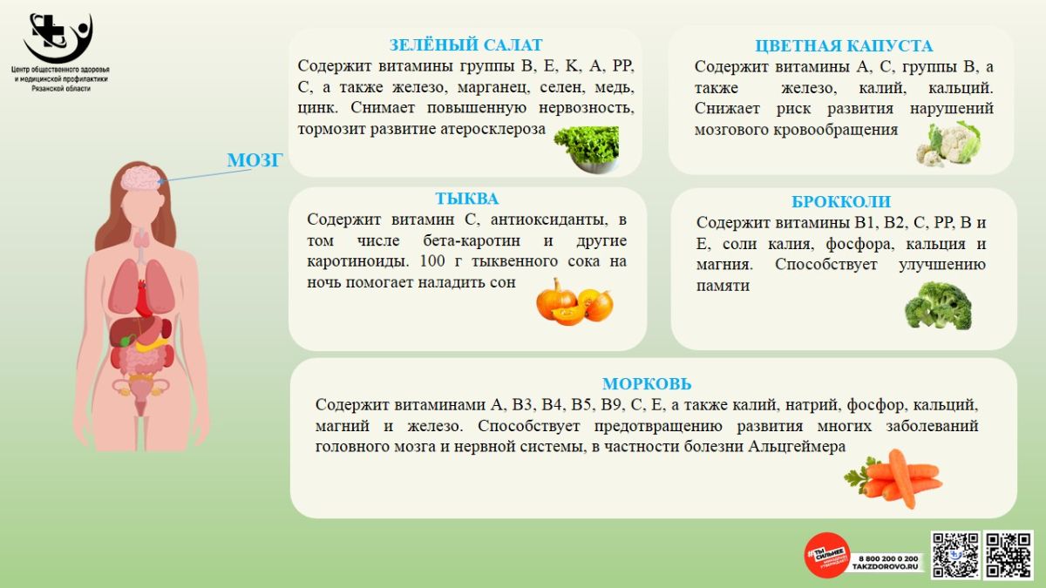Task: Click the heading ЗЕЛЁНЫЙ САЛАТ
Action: (465, 44)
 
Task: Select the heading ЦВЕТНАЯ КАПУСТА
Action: (844, 45)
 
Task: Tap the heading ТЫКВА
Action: (467, 199)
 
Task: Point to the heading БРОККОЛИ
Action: (841, 201)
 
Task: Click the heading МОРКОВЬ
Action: (647, 383)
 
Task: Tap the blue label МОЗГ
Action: (255, 160)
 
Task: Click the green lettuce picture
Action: (587, 149)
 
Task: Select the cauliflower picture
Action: (948, 144)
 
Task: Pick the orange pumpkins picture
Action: (574, 301)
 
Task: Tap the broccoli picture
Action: (938, 306)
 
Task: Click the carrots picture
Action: (893, 479)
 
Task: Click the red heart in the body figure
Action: (143, 299)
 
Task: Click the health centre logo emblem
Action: (58, 37)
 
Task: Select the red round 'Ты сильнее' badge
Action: (827, 556)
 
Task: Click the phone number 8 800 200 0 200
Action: (888, 558)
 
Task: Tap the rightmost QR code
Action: (1009, 555)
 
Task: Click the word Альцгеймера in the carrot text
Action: (797, 447)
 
